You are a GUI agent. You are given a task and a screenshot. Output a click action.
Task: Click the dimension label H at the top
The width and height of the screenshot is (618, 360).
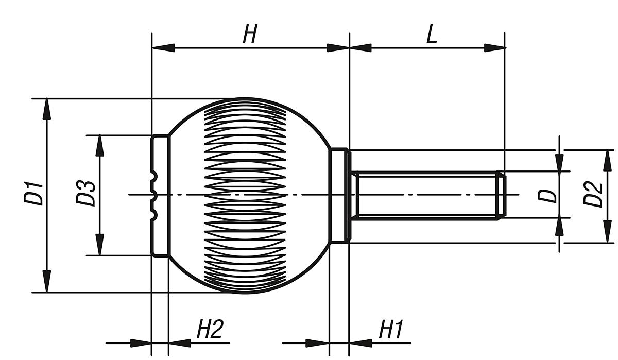(250, 35)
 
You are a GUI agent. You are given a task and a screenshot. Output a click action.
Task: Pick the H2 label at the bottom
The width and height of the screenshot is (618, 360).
(210, 330)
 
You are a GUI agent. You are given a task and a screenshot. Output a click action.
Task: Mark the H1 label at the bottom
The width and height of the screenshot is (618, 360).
(391, 330)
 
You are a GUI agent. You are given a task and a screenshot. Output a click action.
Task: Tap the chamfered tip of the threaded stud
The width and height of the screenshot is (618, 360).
(501, 195)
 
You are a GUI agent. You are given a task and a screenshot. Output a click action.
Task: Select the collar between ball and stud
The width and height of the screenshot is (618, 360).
(339, 195)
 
